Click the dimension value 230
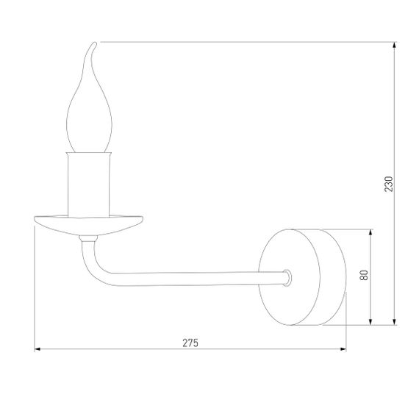point(390,184)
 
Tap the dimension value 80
point(364,276)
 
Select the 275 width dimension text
point(190,342)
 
